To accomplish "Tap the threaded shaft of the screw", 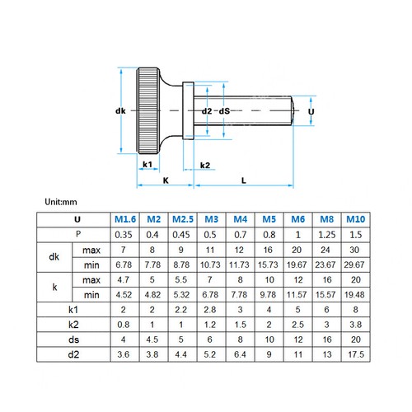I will pyautogui.click(x=247, y=110).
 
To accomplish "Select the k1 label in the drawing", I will pyautogui.click(x=148, y=165).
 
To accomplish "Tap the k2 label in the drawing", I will pyautogui.click(x=206, y=165).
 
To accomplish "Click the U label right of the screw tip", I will pyautogui.click(x=310, y=110).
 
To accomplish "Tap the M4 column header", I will pyautogui.click(x=240, y=219).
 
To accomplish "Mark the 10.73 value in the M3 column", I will pyautogui.click(x=211, y=264).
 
